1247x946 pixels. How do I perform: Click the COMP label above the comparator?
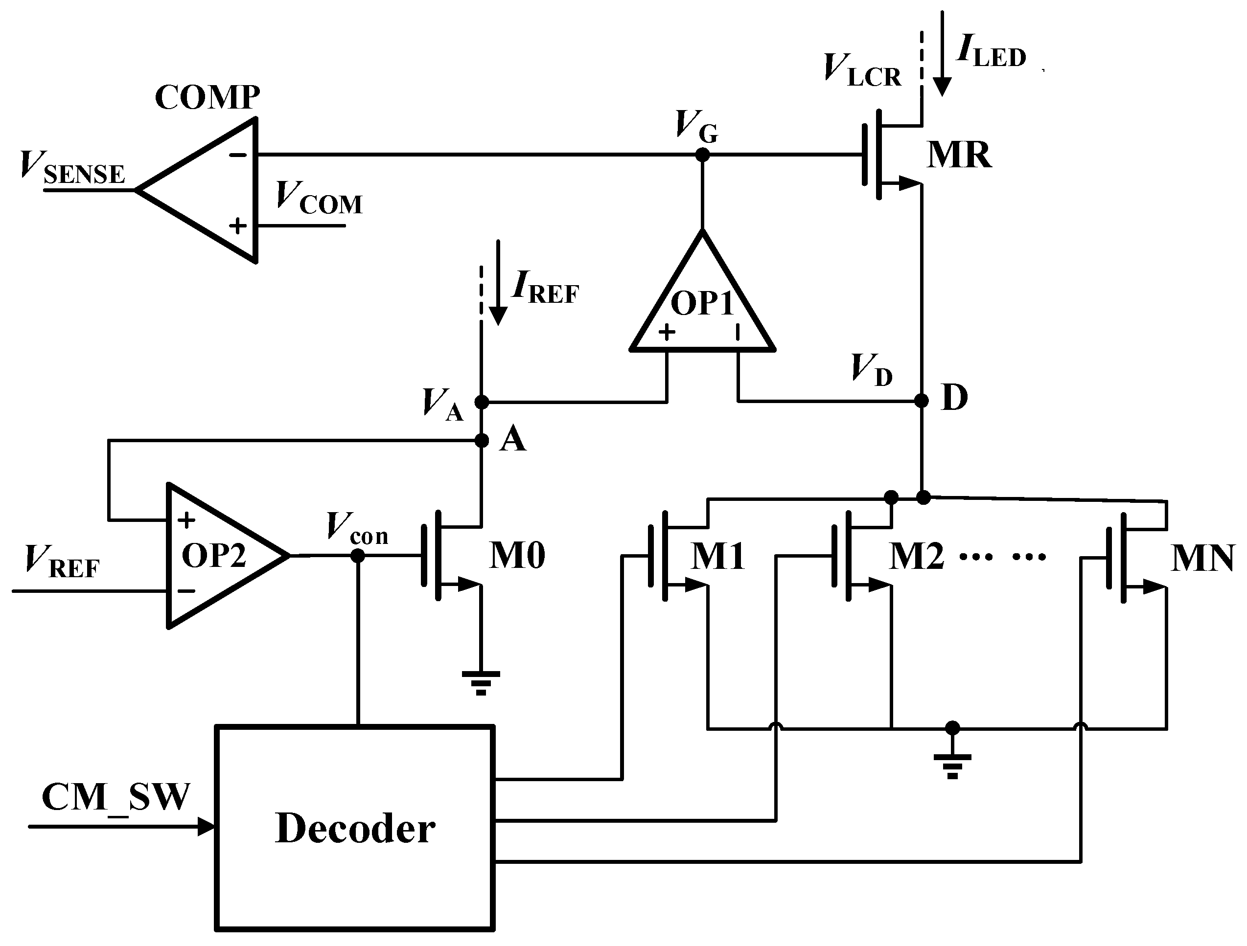click(207, 97)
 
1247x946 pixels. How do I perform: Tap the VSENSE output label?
click(72, 168)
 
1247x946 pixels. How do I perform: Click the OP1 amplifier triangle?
click(702, 304)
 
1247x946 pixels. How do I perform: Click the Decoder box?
click(355, 829)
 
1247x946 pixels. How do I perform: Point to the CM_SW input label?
click(115, 797)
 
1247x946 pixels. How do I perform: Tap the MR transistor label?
click(959, 155)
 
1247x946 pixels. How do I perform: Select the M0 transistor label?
click(516, 556)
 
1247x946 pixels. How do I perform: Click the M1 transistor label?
click(717, 556)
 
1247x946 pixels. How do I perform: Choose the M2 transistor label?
click(916, 556)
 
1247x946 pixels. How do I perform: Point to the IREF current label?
click(545, 288)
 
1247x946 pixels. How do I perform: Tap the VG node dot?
click(702, 155)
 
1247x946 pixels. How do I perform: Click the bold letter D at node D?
click(955, 398)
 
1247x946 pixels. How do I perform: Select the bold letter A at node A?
click(512, 439)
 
